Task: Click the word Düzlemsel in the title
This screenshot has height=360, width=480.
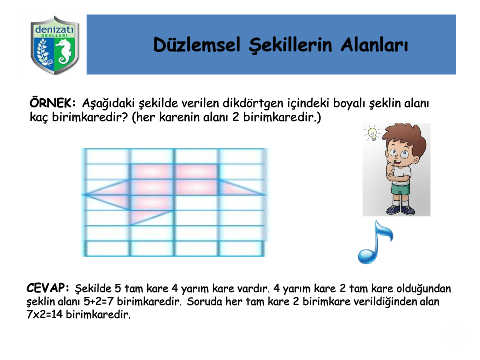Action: [197, 45]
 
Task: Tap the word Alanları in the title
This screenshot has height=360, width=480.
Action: [374, 45]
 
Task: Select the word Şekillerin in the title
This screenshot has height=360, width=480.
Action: [290, 45]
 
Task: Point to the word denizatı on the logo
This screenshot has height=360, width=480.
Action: [54, 29]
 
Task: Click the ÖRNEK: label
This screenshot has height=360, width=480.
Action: [53, 103]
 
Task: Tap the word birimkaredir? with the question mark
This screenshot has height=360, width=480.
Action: [90, 117]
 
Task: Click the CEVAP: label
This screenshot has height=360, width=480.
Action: [48, 288]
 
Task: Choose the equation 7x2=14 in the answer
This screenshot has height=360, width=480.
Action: [44, 314]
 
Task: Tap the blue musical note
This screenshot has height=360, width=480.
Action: [375, 242]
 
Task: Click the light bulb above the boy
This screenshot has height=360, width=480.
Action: [372, 133]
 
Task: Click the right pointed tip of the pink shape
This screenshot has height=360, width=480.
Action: [264, 194]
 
